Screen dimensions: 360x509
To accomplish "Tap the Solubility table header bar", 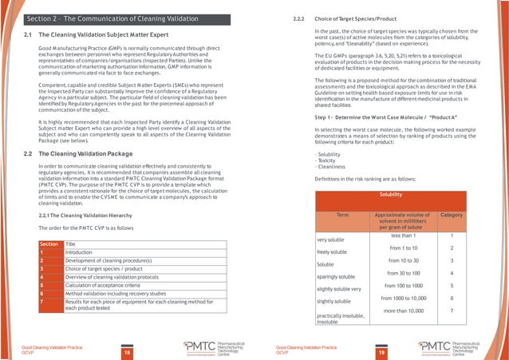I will coord(390,195).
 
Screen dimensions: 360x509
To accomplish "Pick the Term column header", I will coord(342,216).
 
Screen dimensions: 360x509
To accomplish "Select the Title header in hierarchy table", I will coord(71,243).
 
